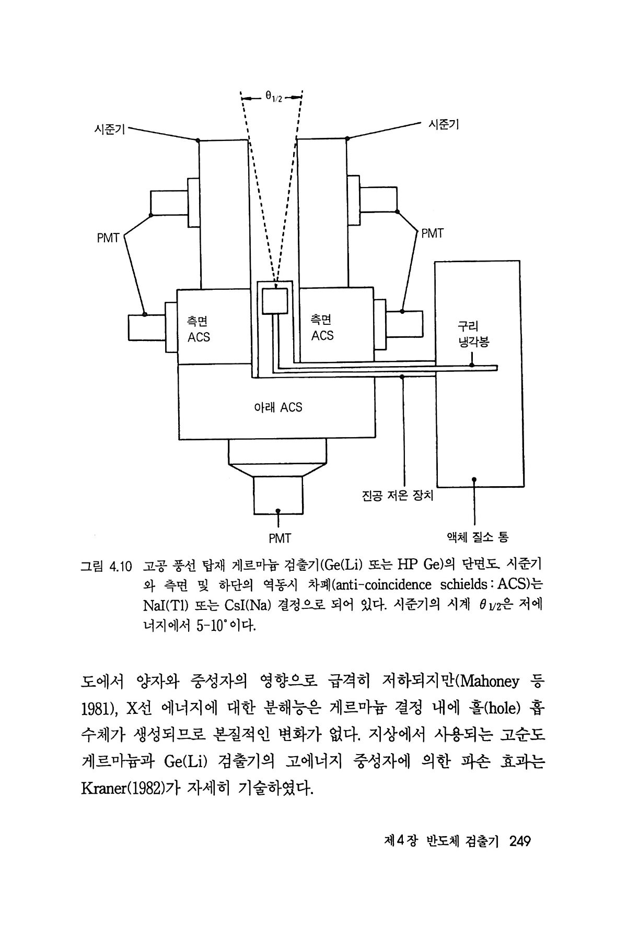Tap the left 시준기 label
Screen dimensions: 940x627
pyautogui.click(x=109, y=129)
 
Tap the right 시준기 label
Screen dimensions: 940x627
pyautogui.click(x=443, y=124)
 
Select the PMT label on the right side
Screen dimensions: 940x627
pyautogui.click(x=432, y=233)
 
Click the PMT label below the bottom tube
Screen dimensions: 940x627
pyautogui.click(x=280, y=538)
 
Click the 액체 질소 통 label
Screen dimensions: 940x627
pyautogui.click(x=477, y=536)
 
